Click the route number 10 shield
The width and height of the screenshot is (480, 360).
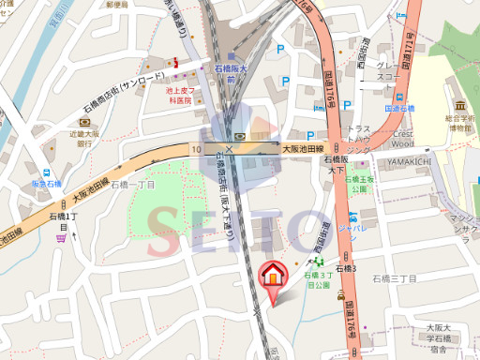tap(196, 148)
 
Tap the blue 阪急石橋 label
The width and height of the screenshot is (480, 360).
tap(44, 183)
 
